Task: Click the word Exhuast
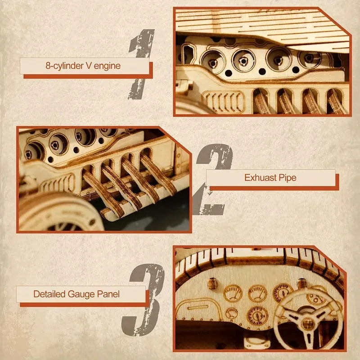click(x=259, y=177)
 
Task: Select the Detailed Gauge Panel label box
click(x=81, y=295)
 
